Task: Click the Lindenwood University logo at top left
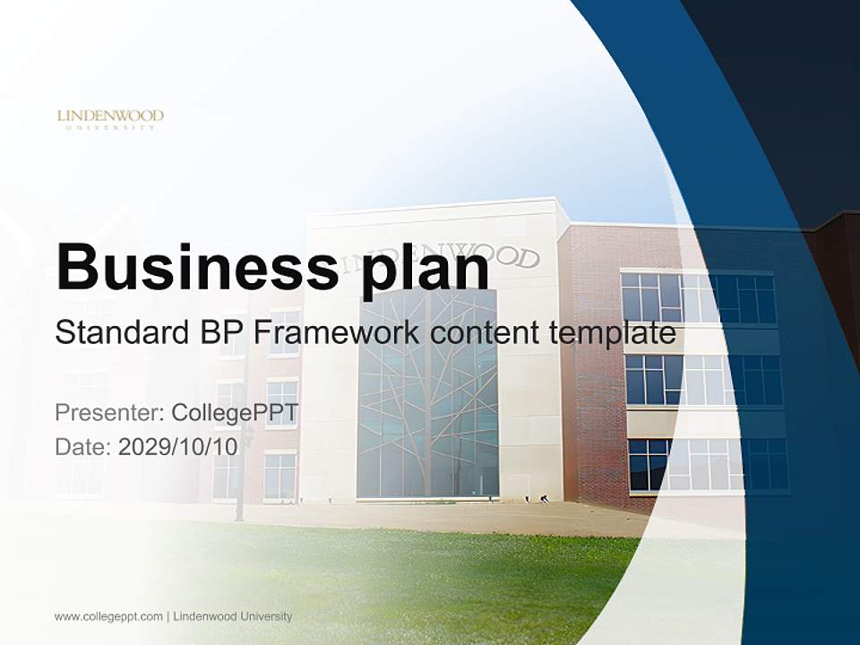pyautogui.click(x=110, y=119)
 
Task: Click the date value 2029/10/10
pyautogui.click(x=177, y=447)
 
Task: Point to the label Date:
pyautogui.click(x=83, y=447)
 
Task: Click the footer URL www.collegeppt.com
pyautogui.click(x=108, y=616)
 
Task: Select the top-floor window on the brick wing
pyautogui.click(x=699, y=297)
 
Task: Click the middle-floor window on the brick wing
pyautogui.click(x=703, y=380)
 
